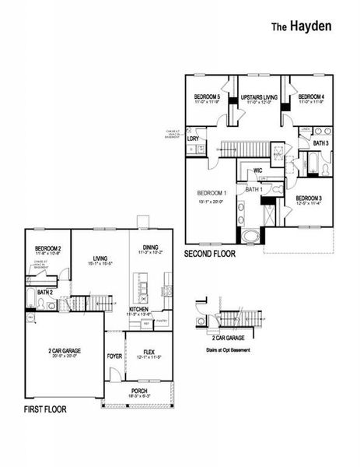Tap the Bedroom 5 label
pyautogui.click(x=207, y=97)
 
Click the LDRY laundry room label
pyautogui.click(x=194, y=138)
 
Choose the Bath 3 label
pyautogui.click(x=320, y=143)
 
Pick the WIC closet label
pyautogui.click(x=258, y=170)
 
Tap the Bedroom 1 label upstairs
pyautogui.click(x=211, y=193)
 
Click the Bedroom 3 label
pyautogui.click(x=311, y=199)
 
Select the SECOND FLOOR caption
pyautogui.click(x=210, y=254)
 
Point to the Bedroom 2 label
pyautogui.click(x=48, y=250)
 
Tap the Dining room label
pyautogui.click(x=151, y=248)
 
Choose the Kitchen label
pyautogui.click(x=139, y=309)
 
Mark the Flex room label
pyautogui.click(x=148, y=352)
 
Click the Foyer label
pyautogui.click(x=114, y=356)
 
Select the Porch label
pyautogui.click(x=139, y=391)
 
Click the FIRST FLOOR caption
pyautogui.click(x=45, y=409)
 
